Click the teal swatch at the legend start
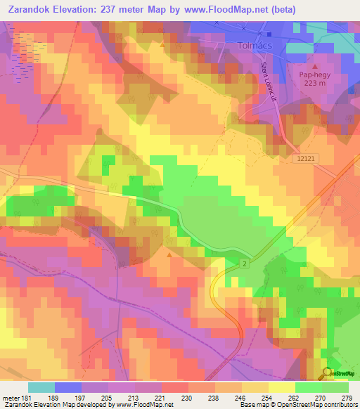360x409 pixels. [41, 387]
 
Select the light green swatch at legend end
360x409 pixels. [335, 387]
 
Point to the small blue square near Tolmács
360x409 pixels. [269, 33]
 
